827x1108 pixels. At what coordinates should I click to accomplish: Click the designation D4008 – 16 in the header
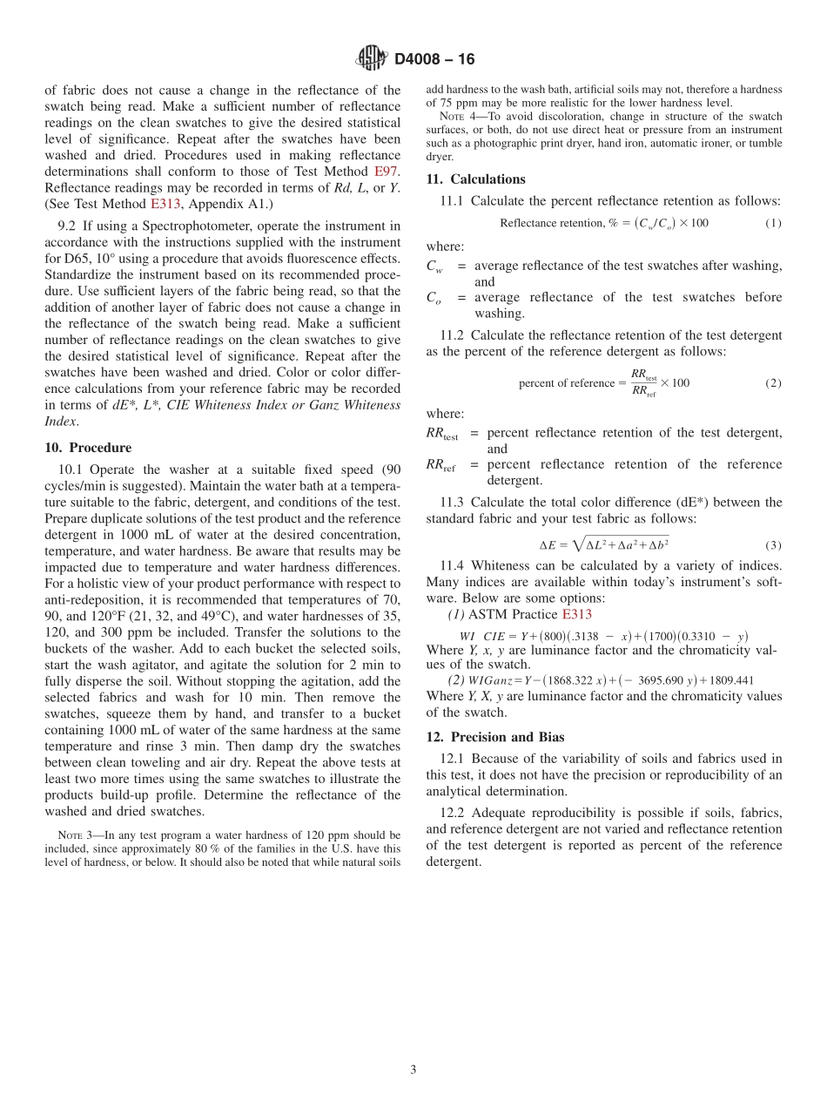(434, 59)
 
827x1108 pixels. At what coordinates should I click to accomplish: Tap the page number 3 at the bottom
(413, 1070)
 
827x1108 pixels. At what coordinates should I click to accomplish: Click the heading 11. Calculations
(475, 179)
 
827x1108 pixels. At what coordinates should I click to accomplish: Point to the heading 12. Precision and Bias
(495, 737)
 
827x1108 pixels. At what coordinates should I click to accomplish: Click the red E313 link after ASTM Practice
(576, 615)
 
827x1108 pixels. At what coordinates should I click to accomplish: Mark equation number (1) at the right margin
(773, 223)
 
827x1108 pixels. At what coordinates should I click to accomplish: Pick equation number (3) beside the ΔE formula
(773, 546)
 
